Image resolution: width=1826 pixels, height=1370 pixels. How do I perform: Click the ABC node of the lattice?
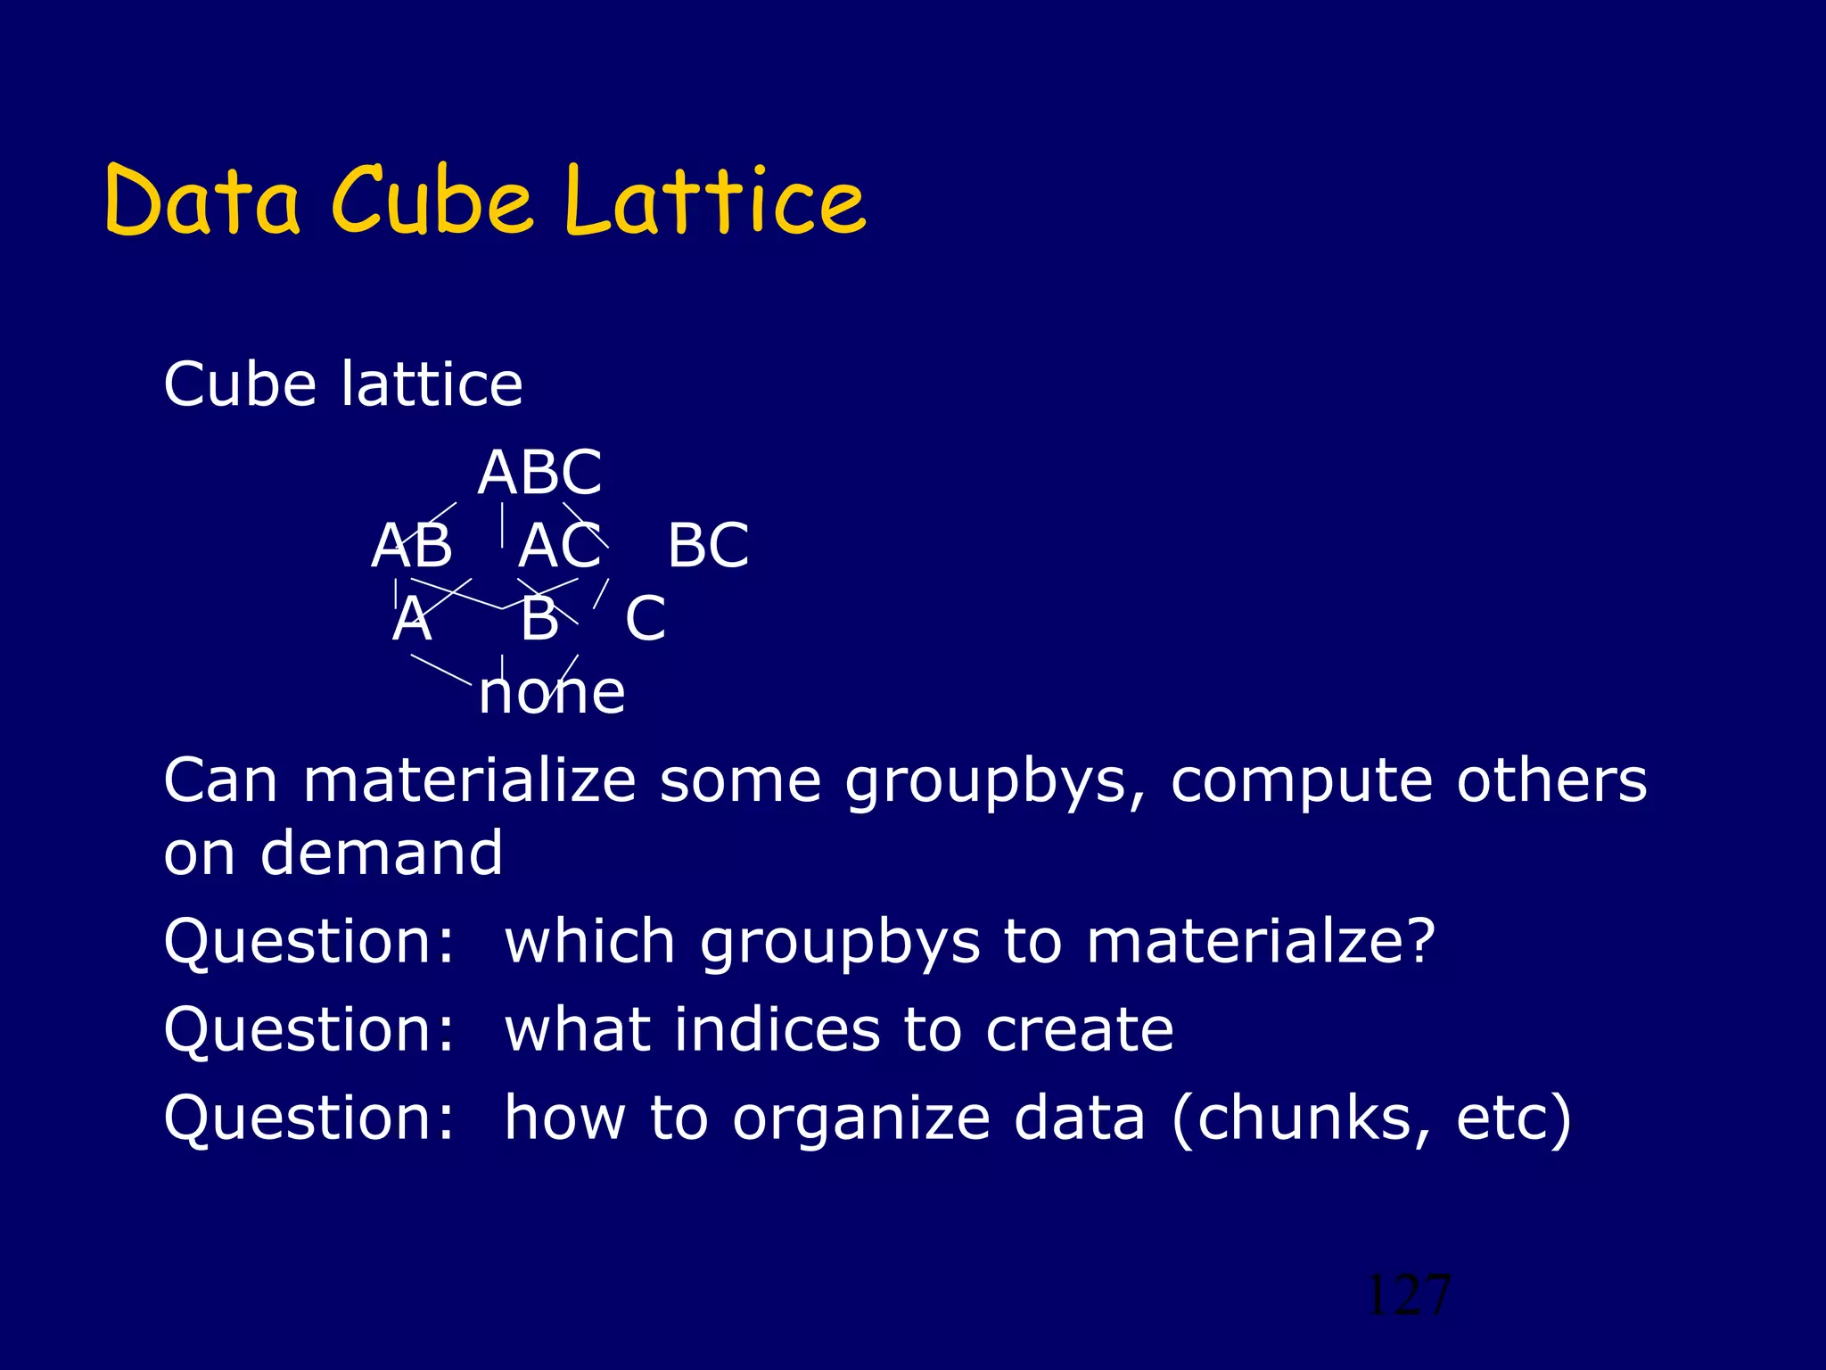click(x=539, y=473)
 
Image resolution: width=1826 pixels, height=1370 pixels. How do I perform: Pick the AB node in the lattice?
click(x=412, y=546)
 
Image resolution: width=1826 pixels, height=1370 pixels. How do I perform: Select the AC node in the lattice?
click(x=560, y=546)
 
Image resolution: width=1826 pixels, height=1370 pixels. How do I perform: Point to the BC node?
click(x=708, y=546)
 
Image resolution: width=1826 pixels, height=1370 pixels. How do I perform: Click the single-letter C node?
click(x=645, y=619)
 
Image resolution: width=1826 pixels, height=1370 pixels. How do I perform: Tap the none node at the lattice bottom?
click(x=551, y=693)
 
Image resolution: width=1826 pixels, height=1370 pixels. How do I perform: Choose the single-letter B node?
click(x=539, y=619)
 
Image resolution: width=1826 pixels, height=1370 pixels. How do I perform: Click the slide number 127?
click(x=1408, y=1295)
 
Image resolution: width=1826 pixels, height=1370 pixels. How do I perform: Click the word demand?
click(x=382, y=853)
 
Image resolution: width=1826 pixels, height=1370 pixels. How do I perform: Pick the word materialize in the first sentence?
click(x=469, y=780)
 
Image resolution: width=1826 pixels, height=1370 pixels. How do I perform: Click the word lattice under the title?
click(x=432, y=384)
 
